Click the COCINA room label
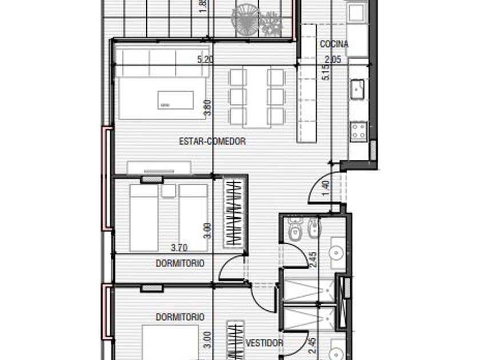tap(334, 44)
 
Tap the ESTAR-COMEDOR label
tap(212, 141)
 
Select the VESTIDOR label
tap(265, 343)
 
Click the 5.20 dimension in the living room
tap(205, 59)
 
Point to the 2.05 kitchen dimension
tap(333, 59)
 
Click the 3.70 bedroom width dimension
tap(179, 247)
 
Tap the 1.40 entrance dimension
tap(326, 188)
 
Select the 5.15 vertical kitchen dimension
tap(326, 71)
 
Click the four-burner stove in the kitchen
tap(359, 131)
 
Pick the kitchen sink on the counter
tap(357, 89)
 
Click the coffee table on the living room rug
tap(175, 100)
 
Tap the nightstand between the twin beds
tap(169, 190)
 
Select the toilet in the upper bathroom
tap(295, 229)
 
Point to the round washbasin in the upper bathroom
tap(336, 253)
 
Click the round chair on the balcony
tap(246, 21)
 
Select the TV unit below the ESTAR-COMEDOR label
tap(159, 167)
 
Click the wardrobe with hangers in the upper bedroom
tap(234, 213)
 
